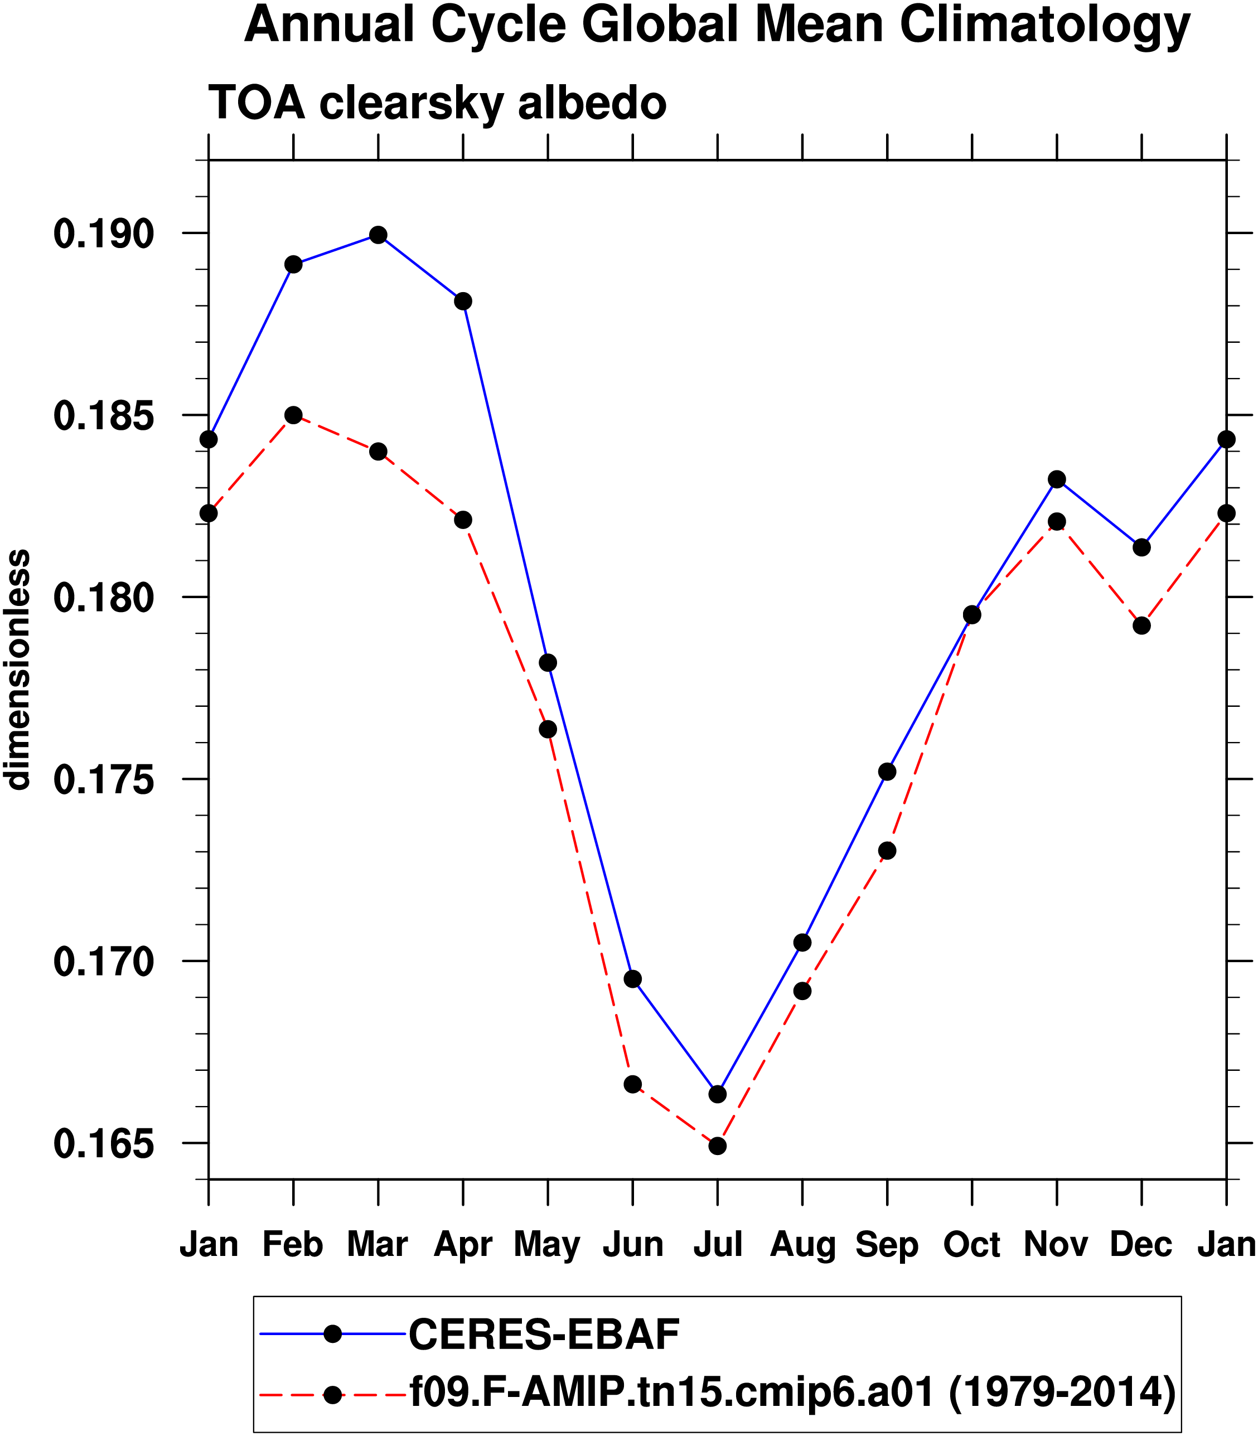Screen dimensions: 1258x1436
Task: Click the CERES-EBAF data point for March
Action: (379, 235)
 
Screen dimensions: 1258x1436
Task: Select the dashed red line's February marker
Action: (293, 415)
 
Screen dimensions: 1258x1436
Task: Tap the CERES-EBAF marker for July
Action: (718, 1094)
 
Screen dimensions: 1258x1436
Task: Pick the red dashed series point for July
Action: (718, 1146)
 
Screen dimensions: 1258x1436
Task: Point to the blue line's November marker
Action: (1057, 480)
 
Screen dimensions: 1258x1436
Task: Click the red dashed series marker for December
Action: (1142, 625)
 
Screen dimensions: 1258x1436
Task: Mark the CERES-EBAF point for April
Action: (463, 302)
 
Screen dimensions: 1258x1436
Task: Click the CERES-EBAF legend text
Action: (544, 1334)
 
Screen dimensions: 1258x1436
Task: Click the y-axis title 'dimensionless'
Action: (17, 670)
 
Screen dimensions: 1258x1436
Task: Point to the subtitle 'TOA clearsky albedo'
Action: (437, 104)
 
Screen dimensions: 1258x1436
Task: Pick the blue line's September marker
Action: (887, 772)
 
